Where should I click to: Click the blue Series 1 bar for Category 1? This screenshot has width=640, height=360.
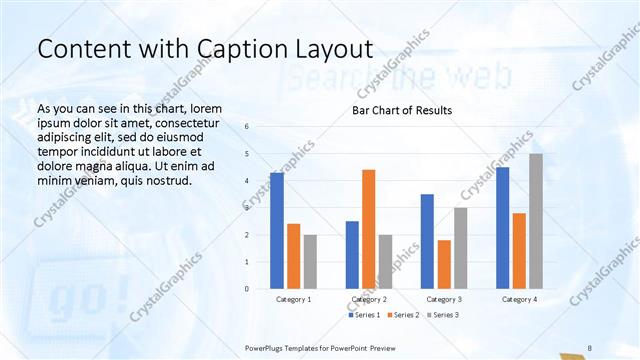277,230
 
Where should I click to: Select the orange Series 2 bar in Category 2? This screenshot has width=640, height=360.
369,229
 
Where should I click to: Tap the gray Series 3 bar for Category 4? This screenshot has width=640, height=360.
536,221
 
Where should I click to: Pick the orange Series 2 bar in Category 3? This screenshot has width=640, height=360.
444,264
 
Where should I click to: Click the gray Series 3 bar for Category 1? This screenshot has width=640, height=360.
310,261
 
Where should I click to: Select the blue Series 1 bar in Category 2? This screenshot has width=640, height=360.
352,255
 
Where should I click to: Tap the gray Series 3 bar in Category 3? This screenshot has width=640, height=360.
460,248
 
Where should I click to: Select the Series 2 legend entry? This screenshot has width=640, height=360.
403,315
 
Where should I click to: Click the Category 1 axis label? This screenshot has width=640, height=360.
294,299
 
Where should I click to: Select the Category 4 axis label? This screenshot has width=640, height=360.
519,299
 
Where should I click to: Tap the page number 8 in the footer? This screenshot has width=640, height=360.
590,347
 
